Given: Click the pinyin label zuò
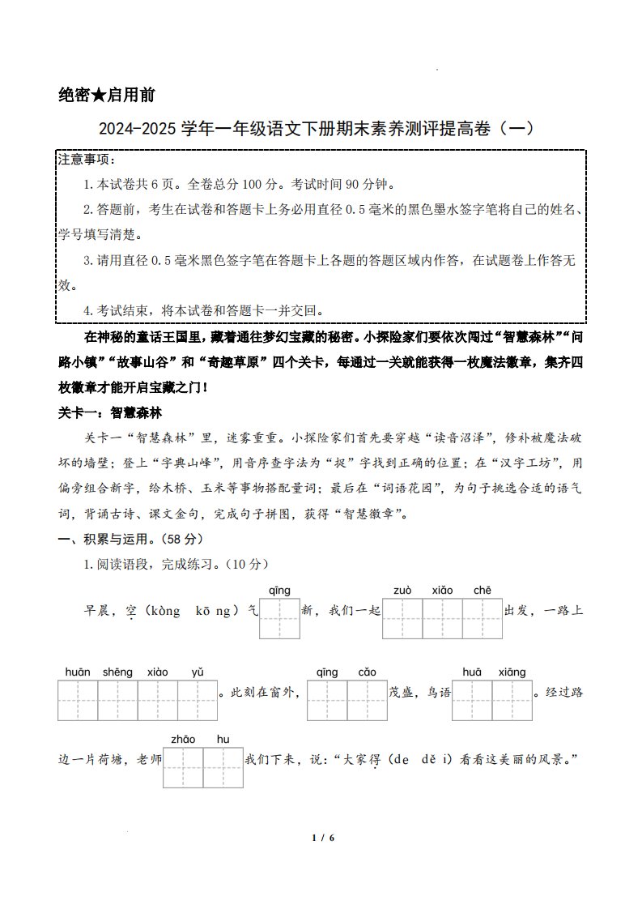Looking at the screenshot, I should click(402, 591).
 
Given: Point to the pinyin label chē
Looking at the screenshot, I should click(483, 591).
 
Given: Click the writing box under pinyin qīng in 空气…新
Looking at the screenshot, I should click(279, 620).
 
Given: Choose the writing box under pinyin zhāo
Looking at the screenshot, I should click(183, 767).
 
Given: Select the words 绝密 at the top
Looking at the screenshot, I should click(74, 95).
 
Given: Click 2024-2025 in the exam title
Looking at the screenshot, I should click(137, 128).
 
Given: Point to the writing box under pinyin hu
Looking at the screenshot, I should click(223, 767).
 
